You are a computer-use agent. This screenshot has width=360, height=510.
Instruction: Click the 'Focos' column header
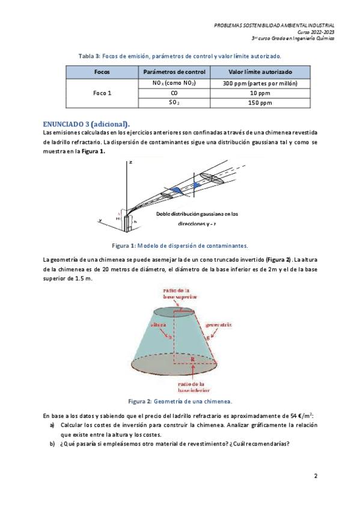(x=102, y=72)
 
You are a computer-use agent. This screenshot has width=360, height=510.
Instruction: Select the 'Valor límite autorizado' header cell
(x=260, y=72)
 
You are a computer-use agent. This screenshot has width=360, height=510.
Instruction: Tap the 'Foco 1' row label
(x=102, y=93)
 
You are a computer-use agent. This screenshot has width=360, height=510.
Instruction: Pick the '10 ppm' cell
(x=260, y=93)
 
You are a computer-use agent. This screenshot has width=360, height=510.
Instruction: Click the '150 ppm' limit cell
(x=260, y=103)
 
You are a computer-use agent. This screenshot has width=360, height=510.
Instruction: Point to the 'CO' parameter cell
(x=174, y=93)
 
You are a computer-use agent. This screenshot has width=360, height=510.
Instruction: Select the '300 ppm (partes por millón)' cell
(x=260, y=83)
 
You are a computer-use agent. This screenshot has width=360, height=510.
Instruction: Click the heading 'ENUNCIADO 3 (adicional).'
(x=87, y=124)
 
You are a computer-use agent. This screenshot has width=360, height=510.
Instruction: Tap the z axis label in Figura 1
(x=130, y=162)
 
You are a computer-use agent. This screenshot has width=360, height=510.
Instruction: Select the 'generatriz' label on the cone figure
(x=218, y=325)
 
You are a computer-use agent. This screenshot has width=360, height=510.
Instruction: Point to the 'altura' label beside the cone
(x=159, y=325)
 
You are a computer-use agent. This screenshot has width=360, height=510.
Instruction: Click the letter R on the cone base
(x=193, y=360)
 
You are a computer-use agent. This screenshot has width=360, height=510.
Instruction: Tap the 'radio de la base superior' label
(x=180, y=293)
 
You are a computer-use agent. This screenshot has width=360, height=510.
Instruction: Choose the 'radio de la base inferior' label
(x=194, y=387)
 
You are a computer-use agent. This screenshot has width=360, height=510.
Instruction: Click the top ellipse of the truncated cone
(x=174, y=307)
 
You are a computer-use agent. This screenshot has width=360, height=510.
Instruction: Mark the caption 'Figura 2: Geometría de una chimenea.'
(x=180, y=401)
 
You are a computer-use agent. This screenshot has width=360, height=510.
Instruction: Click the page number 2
(x=316, y=476)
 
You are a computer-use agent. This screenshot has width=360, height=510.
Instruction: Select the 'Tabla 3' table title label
(x=90, y=56)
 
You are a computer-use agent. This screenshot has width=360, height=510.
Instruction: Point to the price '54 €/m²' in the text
(x=301, y=416)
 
